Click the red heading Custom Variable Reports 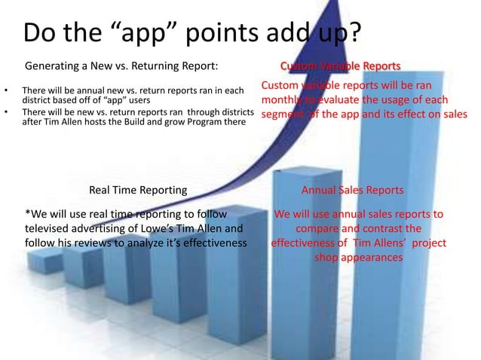pyautogui.click(x=340, y=66)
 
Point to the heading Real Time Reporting pyautogui.click(x=138, y=188)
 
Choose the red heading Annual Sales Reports pyautogui.click(x=352, y=188)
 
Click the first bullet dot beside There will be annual pyautogui.click(x=7, y=92)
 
